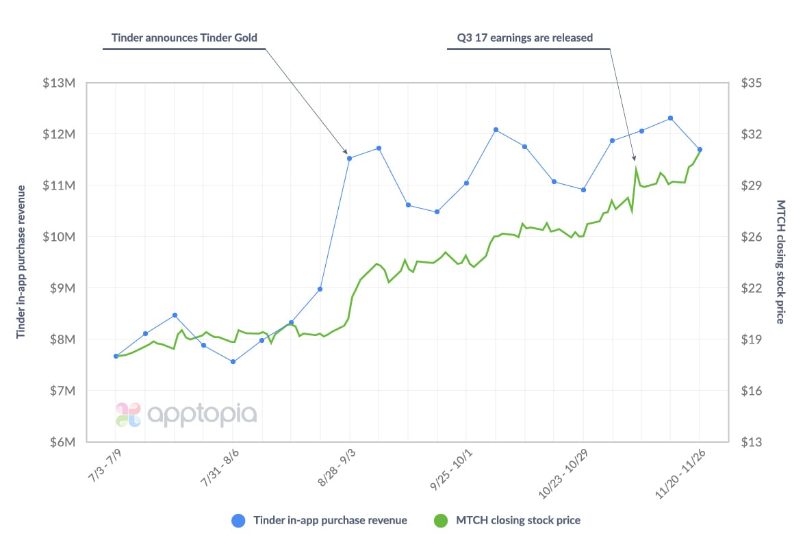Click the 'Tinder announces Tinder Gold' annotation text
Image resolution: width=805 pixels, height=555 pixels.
(x=185, y=38)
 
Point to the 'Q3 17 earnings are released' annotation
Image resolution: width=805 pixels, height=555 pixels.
(x=524, y=38)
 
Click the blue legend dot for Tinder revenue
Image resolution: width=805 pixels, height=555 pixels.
(x=238, y=520)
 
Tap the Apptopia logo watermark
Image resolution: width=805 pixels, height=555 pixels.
(x=186, y=415)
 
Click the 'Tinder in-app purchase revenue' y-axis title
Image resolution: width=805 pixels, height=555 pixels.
(x=21, y=261)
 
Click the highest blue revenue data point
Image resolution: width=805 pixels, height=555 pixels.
(x=671, y=118)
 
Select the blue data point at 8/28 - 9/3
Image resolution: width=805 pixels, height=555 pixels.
(x=350, y=158)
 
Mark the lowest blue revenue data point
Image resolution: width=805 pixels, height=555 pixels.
(x=233, y=361)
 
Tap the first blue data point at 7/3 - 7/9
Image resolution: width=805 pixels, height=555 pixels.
(x=116, y=356)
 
